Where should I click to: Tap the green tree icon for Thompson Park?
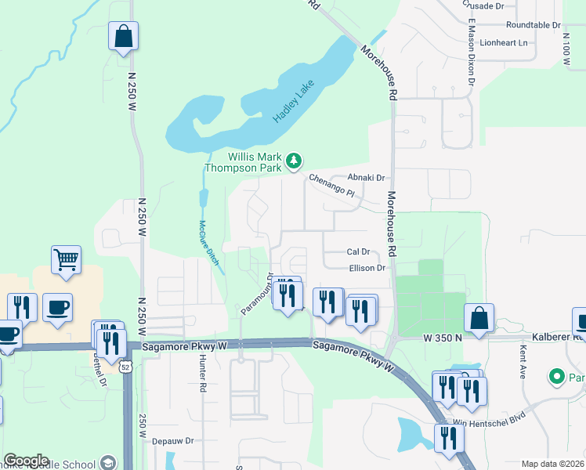click(294, 161)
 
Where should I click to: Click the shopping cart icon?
click(67, 259)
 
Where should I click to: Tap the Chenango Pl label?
click(332, 185)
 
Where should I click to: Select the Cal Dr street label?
click(358, 252)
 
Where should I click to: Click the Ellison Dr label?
click(367, 268)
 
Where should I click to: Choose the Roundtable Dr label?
click(534, 25)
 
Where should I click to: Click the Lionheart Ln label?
click(505, 42)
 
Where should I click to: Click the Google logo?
click(26, 461)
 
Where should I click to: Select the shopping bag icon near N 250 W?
click(123, 35)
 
